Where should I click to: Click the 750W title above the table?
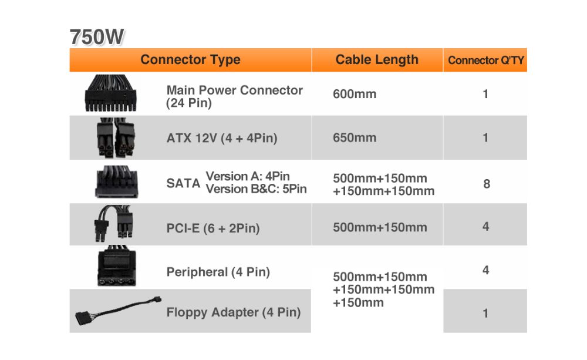tap(97, 37)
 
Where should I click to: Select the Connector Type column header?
tap(190, 60)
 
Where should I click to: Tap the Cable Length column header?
tap(377, 60)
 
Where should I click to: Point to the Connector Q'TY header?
tap(485, 60)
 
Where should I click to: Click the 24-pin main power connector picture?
tap(110, 93)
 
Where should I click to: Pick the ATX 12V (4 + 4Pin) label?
tap(222, 138)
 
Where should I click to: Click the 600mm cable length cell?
tap(355, 93)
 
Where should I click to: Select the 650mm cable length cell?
tap(355, 137)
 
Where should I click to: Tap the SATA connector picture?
tap(116, 181)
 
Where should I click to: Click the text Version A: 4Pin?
tap(248, 176)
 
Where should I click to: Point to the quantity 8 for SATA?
tap(486, 184)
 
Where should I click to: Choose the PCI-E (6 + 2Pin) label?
tap(213, 228)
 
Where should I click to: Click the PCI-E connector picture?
tap(114, 223)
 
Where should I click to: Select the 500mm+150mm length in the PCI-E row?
tap(380, 227)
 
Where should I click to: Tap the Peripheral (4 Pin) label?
tap(218, 271)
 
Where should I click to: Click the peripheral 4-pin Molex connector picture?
tap(116, 266)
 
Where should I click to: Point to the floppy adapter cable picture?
tap(118, 310)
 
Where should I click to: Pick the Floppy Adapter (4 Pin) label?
tap(234, 312)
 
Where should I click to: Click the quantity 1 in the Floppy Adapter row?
tap(485, 313)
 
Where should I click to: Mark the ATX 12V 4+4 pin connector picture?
tap(116, 137)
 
